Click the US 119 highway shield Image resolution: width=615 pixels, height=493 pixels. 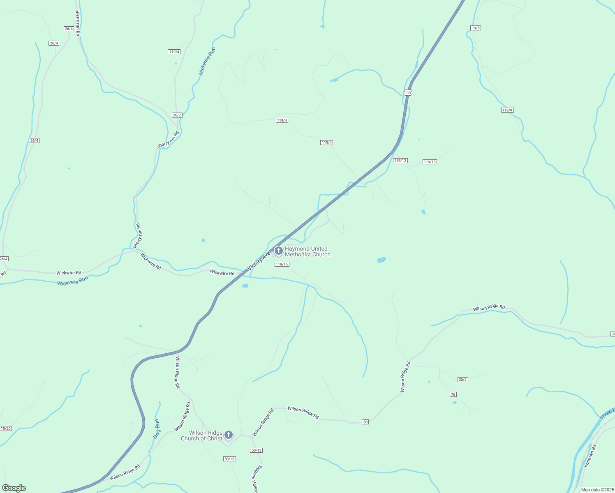coord(407,93)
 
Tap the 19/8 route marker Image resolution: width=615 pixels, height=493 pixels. coord(476,28)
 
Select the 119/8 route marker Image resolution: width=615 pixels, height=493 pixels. coord(507,110)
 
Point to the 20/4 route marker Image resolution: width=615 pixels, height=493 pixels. coord(54,43)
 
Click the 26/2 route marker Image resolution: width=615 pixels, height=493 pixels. coord(177,115)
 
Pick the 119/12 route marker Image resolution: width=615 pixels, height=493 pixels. coord(400,161)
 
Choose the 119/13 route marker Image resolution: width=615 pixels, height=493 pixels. coord(430,162)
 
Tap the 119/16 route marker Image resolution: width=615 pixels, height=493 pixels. coord(282,264)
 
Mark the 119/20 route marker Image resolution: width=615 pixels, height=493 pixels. coord(6,428)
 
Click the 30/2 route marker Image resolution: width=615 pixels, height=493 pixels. coord(462,380)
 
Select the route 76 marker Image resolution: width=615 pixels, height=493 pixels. coord(453,394)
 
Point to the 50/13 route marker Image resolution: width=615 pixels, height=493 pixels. coord(256,450)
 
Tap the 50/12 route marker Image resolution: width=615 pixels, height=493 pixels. coord(229,458)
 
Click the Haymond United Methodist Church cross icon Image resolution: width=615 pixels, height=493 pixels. coord(278,251)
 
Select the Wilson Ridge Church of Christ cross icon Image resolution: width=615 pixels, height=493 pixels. coord(229,435)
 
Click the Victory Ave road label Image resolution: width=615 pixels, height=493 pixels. coord(259,261)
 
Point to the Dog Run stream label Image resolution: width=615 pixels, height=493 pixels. coord(157,428)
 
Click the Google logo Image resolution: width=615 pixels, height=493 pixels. coord(14,488)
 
